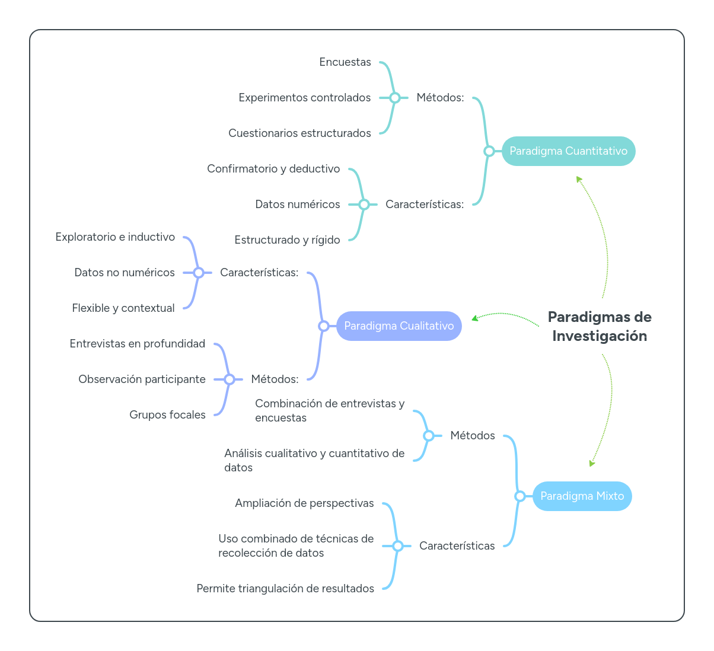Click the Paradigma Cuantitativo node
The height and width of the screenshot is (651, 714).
click(x=568, y=151)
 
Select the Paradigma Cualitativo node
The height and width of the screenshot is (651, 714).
click(x=399, y=326)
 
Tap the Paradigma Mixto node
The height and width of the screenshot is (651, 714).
click(x=582, y=496)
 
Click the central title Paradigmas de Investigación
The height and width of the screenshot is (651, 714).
click(x=599, y=327)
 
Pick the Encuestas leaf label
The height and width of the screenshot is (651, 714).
click(x=345, y=62)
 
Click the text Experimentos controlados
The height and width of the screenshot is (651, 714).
click(x=304, y=98)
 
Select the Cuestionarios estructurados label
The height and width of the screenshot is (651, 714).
click(x=299, y=133)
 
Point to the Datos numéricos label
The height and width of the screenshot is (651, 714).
click(x=297, y=205)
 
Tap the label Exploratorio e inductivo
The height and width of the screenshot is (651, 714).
click(x=115, y=237)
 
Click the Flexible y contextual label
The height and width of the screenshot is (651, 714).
click(x=123, y=308)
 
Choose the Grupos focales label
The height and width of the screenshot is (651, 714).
click(x=167, y=415)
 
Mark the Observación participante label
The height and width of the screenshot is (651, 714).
click(x=142, y=379)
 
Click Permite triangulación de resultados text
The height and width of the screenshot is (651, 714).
click(x=285, y=589)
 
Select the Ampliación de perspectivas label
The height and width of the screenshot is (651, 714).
click(x=304, y=503)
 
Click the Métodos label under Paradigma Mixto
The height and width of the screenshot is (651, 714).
click(x=472, y=436)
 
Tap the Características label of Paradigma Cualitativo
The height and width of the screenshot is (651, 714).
click(x=259, y=273)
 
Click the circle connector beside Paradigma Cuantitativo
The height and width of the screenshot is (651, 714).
click(x=489, y=151)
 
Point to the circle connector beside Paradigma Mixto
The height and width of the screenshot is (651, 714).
click(x=519, y=496)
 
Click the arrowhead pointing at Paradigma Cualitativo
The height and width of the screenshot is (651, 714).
click(x=475, y=318)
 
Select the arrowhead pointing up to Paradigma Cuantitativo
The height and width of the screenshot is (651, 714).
click(x=579, y=179)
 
